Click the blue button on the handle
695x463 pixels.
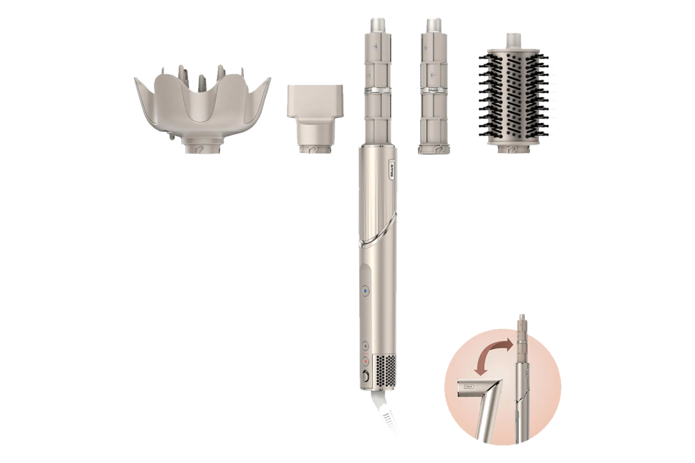click(x=365, y=291)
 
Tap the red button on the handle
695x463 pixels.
click(x=365, y=360)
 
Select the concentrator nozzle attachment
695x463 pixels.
click(x=314, y=101)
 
